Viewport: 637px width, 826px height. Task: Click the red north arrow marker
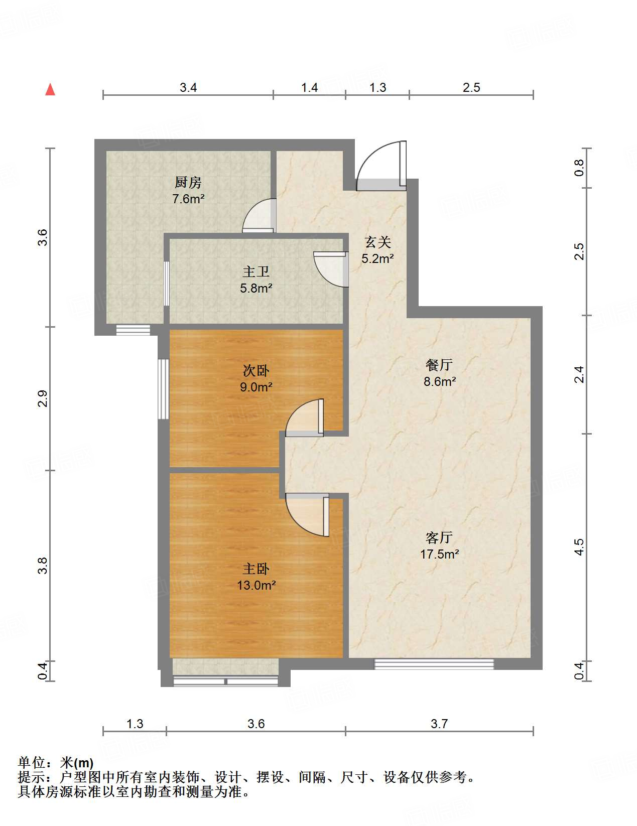tap(50, 90)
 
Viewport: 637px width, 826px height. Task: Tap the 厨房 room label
tap(188, 182)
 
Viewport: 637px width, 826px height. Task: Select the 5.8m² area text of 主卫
tap(256, 289)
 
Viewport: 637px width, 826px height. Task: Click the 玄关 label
tap(377, 242)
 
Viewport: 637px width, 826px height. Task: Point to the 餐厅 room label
tap(439, 365)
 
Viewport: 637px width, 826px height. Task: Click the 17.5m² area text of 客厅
tap(440, 555)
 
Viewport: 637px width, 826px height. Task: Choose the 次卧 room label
tap(256, 371)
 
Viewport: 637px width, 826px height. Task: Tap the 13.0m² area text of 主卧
tap(256, 585)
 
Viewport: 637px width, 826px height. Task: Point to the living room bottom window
tap(434, 664)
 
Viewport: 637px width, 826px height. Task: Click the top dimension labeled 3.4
tap(188, 88)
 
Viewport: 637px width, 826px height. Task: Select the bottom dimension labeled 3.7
tap(439, 724)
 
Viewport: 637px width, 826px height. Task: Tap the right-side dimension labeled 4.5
tap(579, 547)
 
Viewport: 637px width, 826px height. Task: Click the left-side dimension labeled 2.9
tap(43, 398)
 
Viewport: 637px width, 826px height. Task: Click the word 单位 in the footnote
tap(31, 763)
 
